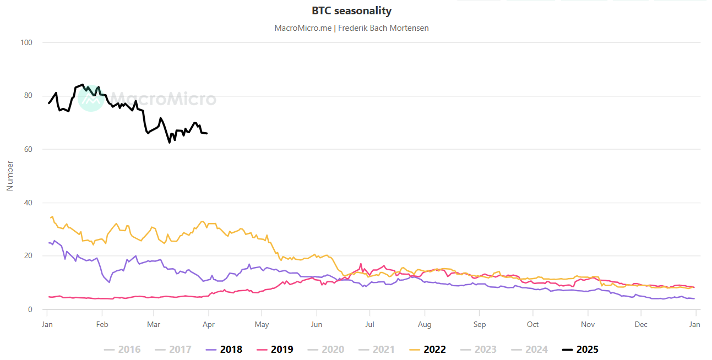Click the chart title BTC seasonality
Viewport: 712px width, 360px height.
351,11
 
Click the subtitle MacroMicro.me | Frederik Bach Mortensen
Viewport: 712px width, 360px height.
351,28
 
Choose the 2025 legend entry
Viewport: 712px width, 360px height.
580,350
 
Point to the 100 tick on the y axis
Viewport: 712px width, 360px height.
26,42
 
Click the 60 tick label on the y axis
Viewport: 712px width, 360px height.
28,149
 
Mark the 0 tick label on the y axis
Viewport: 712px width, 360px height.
30,309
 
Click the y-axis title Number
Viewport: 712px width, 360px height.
9,176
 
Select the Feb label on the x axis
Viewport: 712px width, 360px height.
101,324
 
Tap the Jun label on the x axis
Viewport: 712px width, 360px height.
316,324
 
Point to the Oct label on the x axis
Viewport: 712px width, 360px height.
532,324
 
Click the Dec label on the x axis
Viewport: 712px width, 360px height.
640,324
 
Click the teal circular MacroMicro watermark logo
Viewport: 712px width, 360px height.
91,99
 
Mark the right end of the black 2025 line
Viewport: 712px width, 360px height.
207,133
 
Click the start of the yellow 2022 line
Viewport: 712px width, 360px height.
51,217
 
